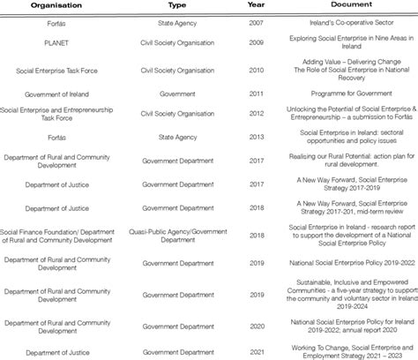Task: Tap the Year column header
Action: (256, 4)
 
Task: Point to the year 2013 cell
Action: (256, 137)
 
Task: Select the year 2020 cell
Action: (256, 327)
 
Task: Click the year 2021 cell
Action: (256, 351)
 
